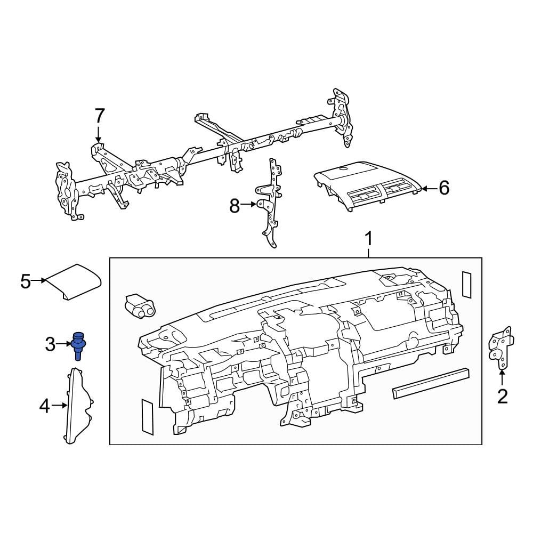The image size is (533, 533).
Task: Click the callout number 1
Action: [368, 240]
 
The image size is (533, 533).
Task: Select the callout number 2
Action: [502, 396]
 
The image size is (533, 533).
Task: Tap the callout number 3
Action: [50, 344]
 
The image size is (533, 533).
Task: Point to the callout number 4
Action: [44, 407]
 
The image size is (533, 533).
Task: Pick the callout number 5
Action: [26, 281]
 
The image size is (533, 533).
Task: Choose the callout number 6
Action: [443, 188]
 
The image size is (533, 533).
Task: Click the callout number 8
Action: [235, 205]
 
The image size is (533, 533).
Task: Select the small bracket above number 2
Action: [501, 349]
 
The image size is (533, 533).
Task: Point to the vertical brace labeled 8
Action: [270, 203]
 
